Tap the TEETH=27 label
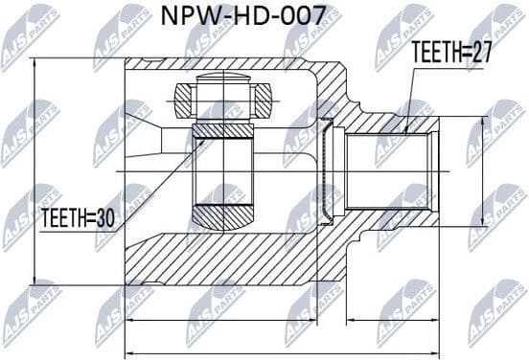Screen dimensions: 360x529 [x=450, y=54]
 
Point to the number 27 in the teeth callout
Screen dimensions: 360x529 [x=481, y=54]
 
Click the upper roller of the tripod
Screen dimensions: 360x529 [x=221, y=98]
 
